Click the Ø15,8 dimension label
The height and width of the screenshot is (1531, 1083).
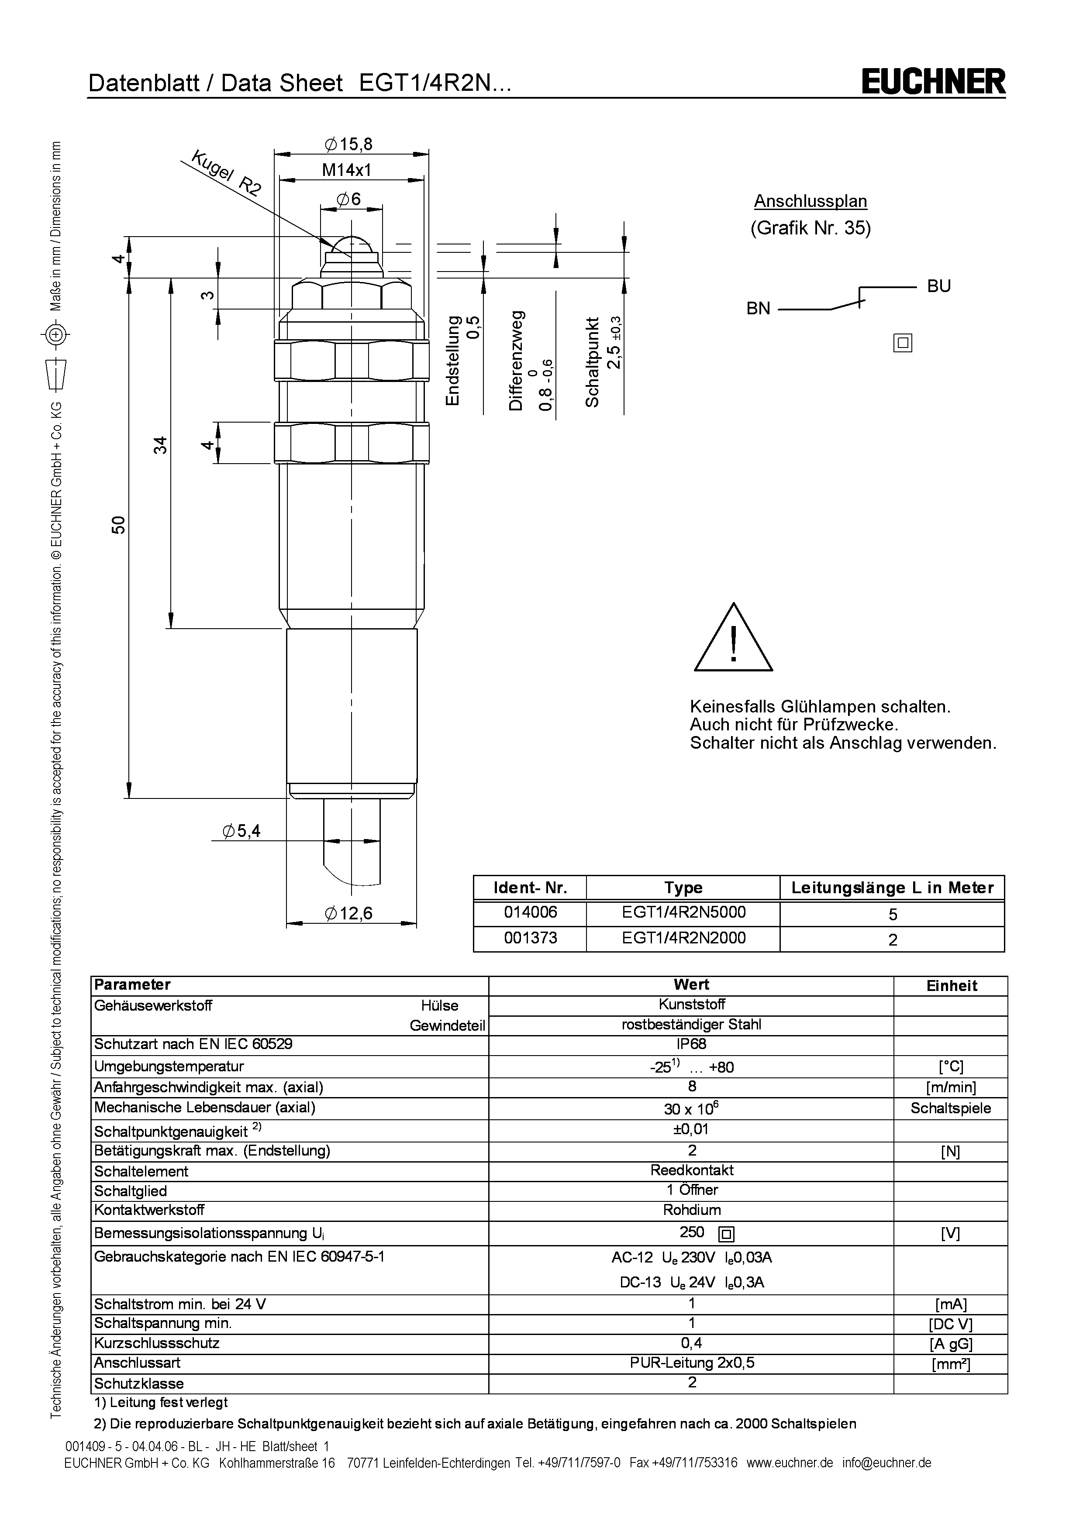(349, 144)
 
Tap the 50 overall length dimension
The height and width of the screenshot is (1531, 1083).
(118, 524)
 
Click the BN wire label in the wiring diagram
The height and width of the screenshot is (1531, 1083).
(758, 309)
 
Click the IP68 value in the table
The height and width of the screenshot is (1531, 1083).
(692, 1043)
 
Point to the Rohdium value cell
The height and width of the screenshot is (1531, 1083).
(692, 1210)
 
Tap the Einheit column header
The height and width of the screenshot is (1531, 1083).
(951, 986)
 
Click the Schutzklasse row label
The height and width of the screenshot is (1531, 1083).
(139, 1383)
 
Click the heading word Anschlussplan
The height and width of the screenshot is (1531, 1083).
(810, 201)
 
